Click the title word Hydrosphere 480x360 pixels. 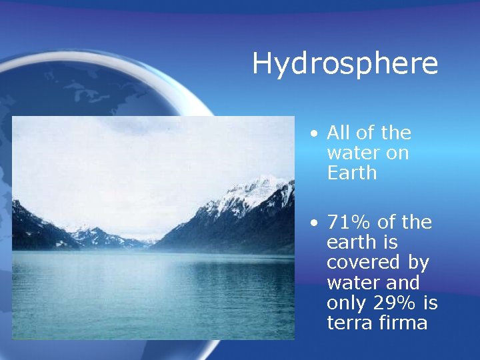click(345, 64)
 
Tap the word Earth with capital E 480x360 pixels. click(352, 173)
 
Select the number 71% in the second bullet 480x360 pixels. click(347, 223)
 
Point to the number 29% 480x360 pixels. click(391, 303)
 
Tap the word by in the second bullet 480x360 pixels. click(419, 263)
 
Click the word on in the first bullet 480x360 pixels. click(398, 153)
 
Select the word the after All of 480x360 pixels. click(396, 133)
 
